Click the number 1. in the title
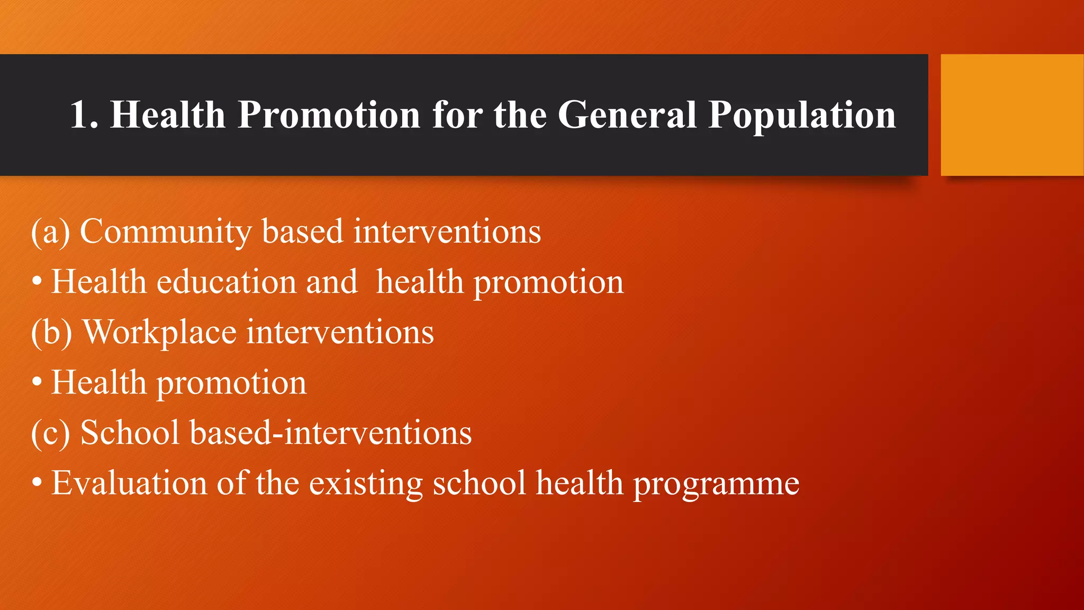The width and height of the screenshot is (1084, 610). pyautogui.click(x=84, y=115)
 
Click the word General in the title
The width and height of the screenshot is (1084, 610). pyautogui.click(x=627, y=115)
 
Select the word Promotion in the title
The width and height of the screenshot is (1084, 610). pyautogui.click(x=329, y=115)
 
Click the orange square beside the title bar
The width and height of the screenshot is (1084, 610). pyautogui.click(x=1011, y=115)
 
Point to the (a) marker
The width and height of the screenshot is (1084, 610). pyautogui.click(x=50, y=232)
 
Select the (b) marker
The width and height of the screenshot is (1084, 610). pyautogui.click(x=51, y=333)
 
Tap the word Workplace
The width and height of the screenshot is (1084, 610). pyautogui.click(x=159, y=333)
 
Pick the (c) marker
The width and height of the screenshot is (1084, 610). pyautogui.click(x=50, y=433)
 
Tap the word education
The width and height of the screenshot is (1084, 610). pyautogui.click(x=226, y=282)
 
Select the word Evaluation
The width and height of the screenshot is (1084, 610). pyautogui.click(x=129, y=483)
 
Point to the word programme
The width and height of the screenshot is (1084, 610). pyautogui.click(x=716, y=484)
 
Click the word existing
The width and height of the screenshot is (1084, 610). pyautogui.click(x=366, y=484)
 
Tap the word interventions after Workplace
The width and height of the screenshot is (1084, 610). pyautogui.click(x=340, y=333)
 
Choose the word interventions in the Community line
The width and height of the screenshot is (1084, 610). pyautogui.click(x=447, y=232)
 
